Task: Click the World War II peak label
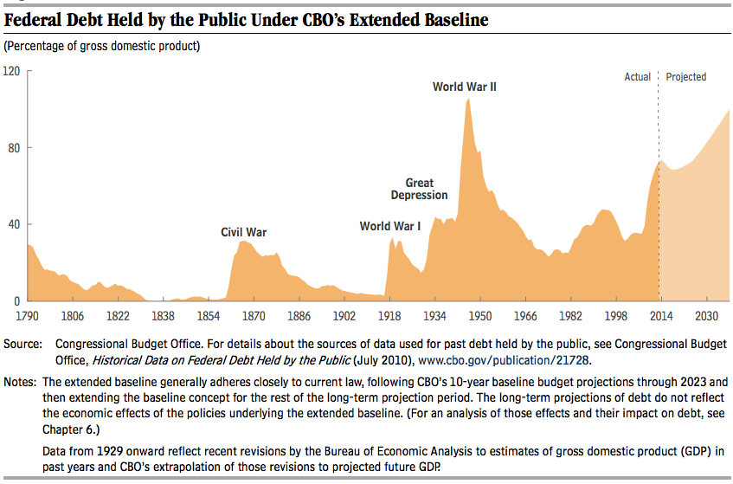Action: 465,87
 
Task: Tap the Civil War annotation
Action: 244,232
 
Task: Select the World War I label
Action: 390,226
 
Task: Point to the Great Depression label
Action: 420,189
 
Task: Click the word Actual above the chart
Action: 638,77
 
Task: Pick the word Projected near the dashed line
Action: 686,77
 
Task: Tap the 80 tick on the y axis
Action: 15,147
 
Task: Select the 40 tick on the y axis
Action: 15,224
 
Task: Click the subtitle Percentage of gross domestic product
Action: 102,45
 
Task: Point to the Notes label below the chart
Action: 19,382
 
